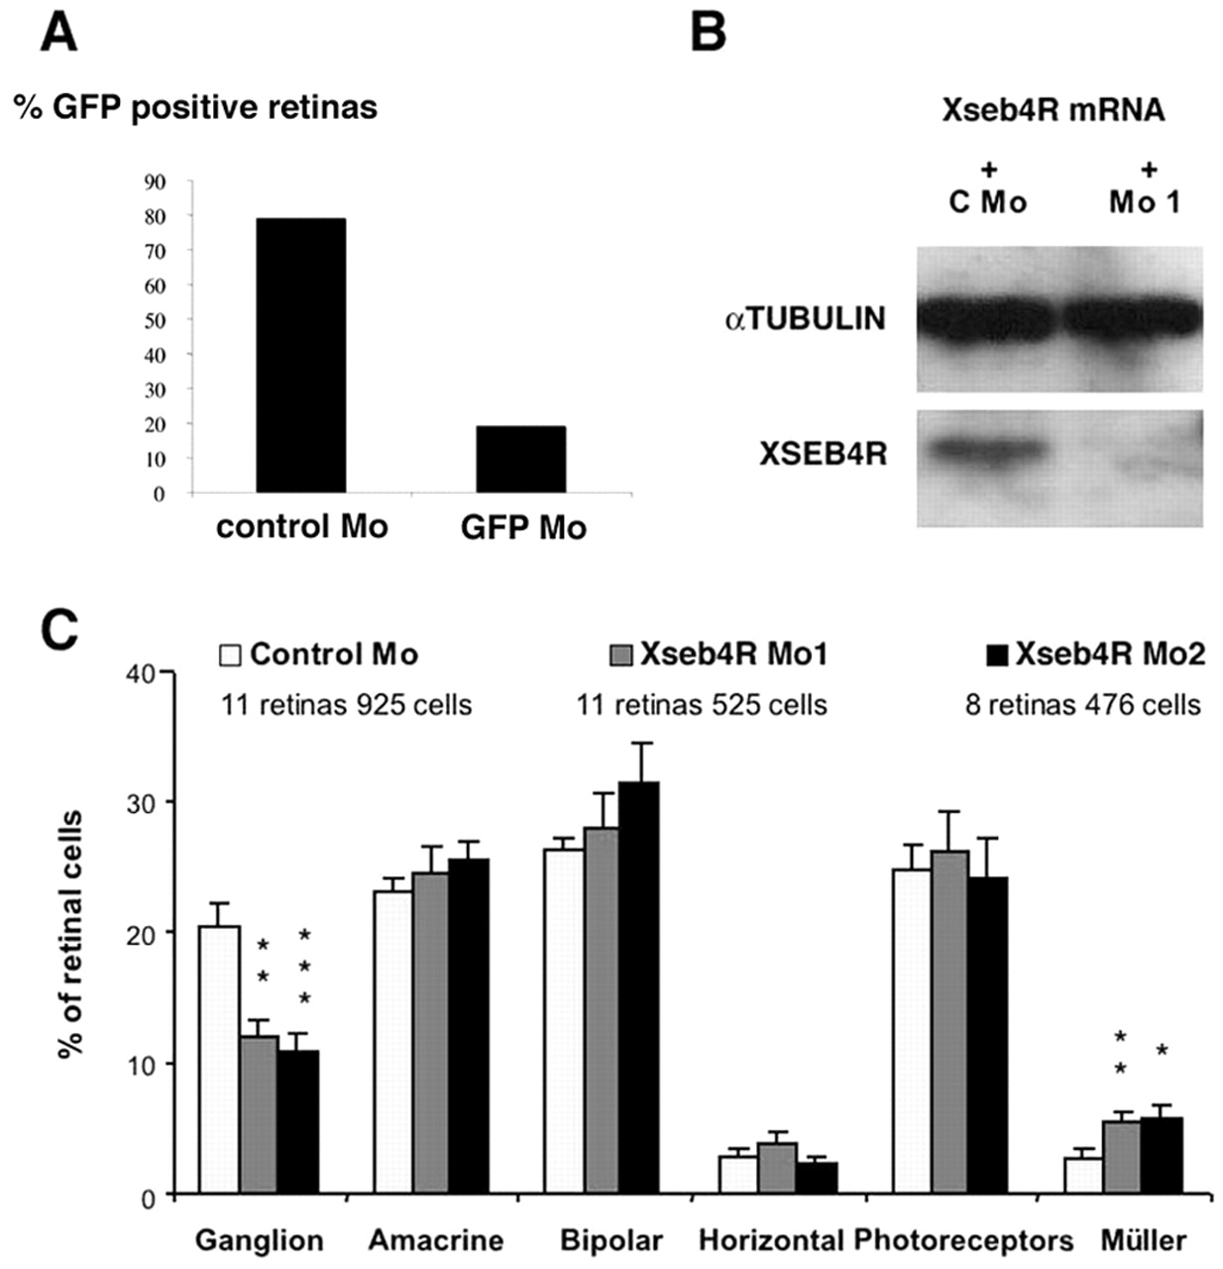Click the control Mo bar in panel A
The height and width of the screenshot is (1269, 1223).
[300, 355]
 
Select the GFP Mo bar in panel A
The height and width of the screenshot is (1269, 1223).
[520, 459]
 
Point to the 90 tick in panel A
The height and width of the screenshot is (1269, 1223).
[157, 181]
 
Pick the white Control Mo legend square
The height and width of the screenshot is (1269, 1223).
[230, 655]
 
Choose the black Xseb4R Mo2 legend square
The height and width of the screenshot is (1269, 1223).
[997, 655]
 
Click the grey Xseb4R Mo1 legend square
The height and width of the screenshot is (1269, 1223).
[620, 655]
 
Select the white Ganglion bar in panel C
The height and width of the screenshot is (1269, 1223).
[219, 1060]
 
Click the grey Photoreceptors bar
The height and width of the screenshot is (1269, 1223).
[949, 1022]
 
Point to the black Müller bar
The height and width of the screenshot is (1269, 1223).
[1162, 1156]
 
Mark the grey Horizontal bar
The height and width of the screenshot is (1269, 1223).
[777, 1169]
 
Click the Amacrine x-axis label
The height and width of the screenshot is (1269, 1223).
[436, 1240]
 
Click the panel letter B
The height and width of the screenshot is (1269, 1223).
[708, 32]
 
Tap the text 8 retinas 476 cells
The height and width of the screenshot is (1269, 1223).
[1082, 705]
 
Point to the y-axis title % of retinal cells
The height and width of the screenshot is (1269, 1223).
[70, 934]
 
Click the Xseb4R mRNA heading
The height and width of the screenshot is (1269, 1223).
[1052, 110]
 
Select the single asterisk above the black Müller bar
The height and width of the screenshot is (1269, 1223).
[1162, 1049]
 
